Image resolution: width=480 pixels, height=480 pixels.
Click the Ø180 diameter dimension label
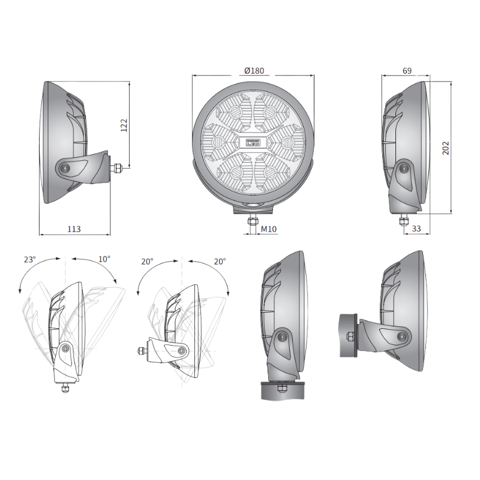click(x=254, y=71)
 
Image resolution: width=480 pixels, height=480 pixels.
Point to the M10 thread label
click(x=268, y=229)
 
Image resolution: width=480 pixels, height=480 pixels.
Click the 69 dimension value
click(x=406, y=71)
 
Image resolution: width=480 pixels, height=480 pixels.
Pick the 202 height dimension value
click(x=446, y=148)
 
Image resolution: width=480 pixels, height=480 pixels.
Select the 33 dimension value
click(x=416, y=229)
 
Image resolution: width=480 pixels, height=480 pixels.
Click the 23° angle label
click(x=29, y=260)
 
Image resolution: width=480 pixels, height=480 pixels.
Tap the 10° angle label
click(x=104, y=260)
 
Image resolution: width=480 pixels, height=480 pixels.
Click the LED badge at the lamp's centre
click(x=253, y=142)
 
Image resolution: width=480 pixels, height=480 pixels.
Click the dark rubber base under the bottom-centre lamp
click(x=282, y=391)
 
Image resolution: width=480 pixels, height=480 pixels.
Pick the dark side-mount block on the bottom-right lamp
click(x=347, y=335)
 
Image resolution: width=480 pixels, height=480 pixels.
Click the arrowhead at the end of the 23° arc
click(x=20, y=291)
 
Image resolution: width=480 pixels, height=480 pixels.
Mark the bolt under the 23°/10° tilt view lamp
click(x=64, y=387)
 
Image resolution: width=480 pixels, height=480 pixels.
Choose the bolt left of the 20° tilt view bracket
click(x=142, y=350)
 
